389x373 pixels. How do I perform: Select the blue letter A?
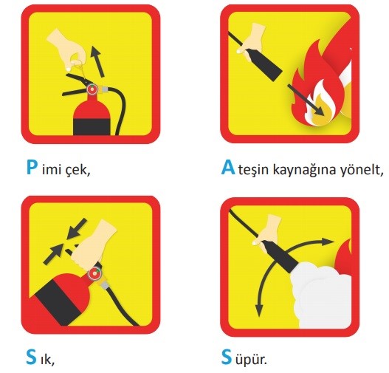tap(228, 168)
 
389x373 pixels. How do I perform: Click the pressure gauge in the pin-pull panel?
tap(92, 91)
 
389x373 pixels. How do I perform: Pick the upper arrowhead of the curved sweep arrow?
tap(323, 242)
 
